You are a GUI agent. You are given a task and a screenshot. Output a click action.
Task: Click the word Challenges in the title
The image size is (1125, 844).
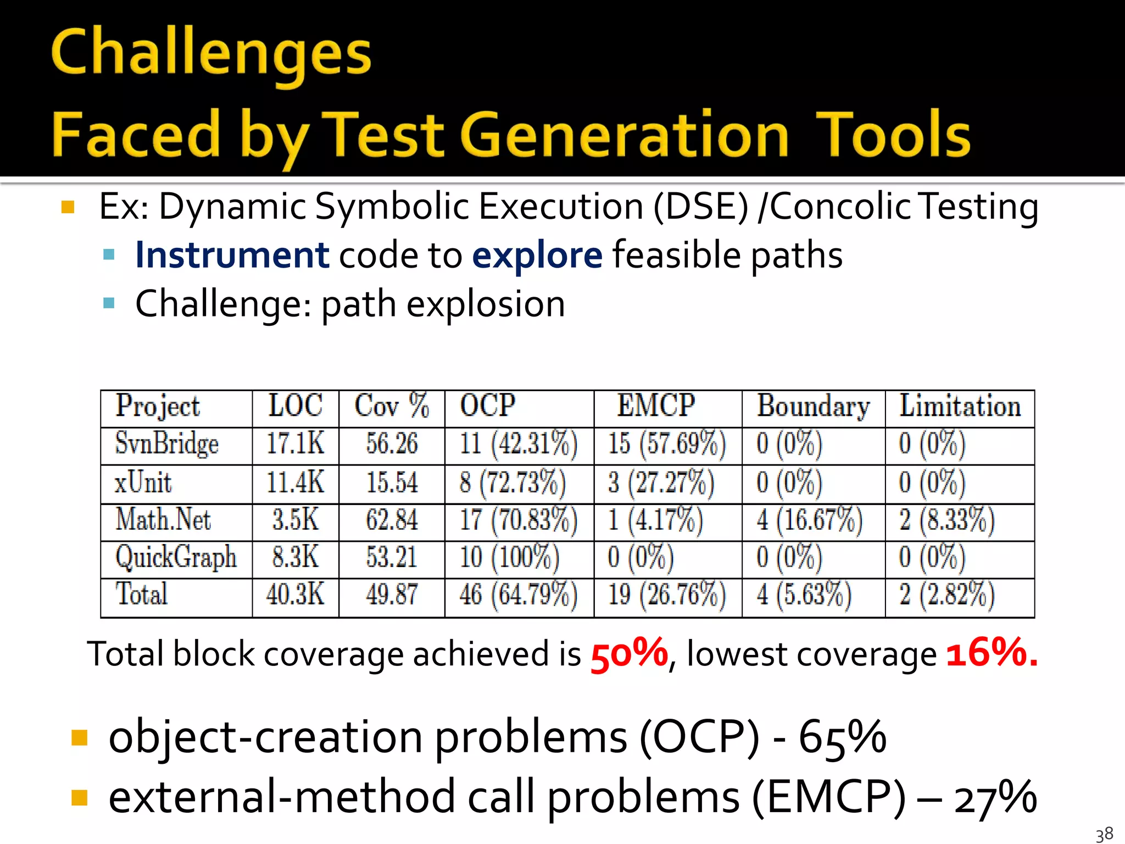211,54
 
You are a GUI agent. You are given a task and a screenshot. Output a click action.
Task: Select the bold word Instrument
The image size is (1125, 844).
232,256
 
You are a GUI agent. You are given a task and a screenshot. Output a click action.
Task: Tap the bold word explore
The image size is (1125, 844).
537,256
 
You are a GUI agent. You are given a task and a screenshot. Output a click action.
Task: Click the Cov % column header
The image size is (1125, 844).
391,406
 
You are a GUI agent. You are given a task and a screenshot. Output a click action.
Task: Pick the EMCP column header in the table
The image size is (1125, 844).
656,406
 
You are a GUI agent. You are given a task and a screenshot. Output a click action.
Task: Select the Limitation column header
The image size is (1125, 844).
960,406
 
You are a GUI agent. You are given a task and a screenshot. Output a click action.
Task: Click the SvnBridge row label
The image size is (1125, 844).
166,443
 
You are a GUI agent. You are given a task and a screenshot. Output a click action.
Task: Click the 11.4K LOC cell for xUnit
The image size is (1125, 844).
295,482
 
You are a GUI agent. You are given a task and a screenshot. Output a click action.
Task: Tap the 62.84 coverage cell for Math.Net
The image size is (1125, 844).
392,520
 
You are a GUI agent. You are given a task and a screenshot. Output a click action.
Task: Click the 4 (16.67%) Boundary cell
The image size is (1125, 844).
809,520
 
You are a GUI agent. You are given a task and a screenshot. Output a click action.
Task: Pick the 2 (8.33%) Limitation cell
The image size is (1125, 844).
946,520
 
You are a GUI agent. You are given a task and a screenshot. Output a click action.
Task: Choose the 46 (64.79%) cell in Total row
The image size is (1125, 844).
518,595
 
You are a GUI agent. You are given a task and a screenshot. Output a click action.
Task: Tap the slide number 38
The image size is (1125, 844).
1104,834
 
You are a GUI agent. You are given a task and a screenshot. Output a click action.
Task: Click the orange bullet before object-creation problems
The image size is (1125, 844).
80,737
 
